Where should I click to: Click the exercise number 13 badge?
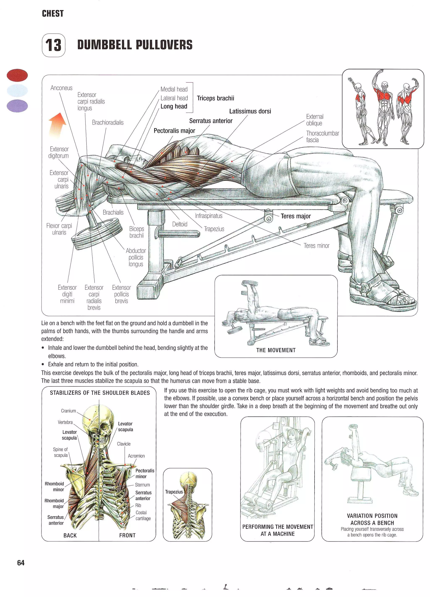pyautogui.click(x=53, y=45)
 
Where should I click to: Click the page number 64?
pyautogui.click(x=21, y=563)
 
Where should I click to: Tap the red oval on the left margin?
pyautogui.click(x=17, y=75)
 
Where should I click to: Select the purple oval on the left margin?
pyautogui.click(x=17, y=106)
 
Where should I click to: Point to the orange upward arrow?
pyautogui.click(x=58, y=125)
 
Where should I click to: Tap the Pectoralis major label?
pyautogui.click(x=174, y=131)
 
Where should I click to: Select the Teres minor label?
pyautogui.click(x=316, y=246)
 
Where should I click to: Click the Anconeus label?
pyautogui.click(x=61, y=88)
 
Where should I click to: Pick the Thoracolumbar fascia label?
pyautogui.click(x=322, y=137)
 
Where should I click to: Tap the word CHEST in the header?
pyautogui.click(x=53, y=14)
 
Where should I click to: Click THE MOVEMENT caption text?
pyautogui.click(x=276, y=350)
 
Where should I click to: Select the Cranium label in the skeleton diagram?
pyautogui.click(x=68, y=411)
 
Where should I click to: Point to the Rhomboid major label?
pyautogui.click(x=54, y=503)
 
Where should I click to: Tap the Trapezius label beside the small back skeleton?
pyautogui.click(x=174, y=492)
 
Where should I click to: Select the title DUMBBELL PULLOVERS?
pyautogui.click(x=135, y=45)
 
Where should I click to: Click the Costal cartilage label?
pyautogui.click(x=143, y=515)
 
